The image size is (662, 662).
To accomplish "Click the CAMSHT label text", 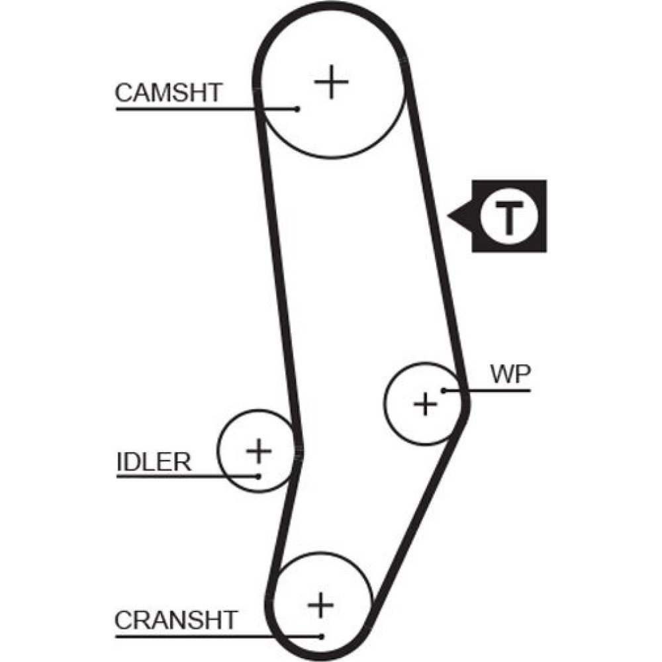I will click(169, 93).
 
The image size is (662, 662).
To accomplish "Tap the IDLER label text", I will click(154, 461).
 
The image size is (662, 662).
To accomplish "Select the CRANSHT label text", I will click(175, 620).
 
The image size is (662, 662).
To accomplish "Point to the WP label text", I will click(510, 375).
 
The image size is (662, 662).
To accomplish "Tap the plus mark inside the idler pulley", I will click(259, 451).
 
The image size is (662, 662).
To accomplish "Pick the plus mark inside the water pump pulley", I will click(426, 402).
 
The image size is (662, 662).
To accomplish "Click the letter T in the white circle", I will click(508, 216).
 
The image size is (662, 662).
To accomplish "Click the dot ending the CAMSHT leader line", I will click(298, 109).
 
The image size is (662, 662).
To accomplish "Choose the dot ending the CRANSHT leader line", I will click(321, 636).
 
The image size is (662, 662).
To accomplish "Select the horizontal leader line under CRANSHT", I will click(212, 636).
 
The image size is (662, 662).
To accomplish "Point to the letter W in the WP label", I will click(502, 375).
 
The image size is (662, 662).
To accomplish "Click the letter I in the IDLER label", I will click(119, 461).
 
